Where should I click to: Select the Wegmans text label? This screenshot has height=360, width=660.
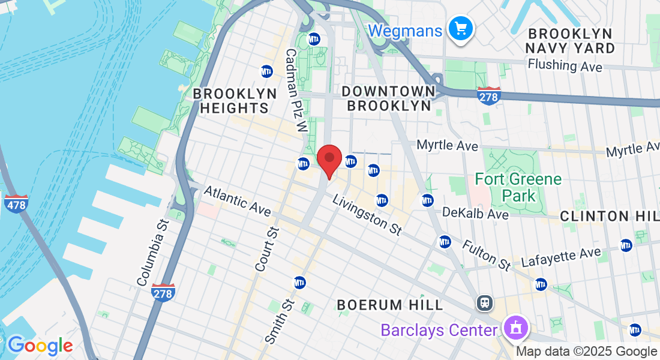coord(406,31)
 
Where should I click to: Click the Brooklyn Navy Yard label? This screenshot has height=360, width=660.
coord(570,41)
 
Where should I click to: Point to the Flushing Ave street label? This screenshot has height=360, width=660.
coord(565,65)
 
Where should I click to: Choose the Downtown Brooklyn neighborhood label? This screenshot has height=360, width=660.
coord(388,98)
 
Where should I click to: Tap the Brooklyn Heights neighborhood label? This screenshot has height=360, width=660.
coord(235,101)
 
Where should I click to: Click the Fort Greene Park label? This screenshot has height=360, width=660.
coord(518,187)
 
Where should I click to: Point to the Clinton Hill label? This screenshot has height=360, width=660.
coord(610,216)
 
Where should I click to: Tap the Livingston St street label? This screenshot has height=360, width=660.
coord(367,215)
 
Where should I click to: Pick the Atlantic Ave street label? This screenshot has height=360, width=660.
coord(237,201)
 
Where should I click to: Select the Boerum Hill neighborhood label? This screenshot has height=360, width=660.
coord(390,305)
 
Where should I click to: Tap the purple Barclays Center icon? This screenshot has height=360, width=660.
coord(514,328)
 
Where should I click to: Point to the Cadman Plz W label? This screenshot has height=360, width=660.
coord(296,91)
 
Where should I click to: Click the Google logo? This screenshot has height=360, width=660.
coord(40,346)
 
